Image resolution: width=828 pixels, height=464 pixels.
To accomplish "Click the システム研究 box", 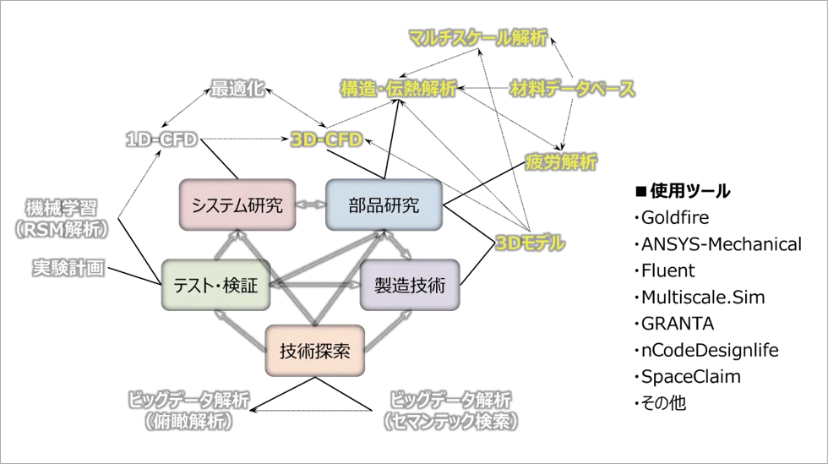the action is (237, 205).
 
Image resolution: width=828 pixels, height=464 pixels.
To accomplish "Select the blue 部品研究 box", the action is (384, 205).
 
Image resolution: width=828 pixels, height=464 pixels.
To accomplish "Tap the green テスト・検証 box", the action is (216, 285).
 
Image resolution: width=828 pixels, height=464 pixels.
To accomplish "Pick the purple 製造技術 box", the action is (410, 285).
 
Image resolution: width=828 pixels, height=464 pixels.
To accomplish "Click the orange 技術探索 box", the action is (314, 351).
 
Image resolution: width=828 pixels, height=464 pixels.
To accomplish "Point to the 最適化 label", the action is (237, 88).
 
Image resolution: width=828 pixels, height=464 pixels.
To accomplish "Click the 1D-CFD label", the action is (161, 139).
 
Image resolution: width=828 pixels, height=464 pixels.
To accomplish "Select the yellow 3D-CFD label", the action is (327, 139).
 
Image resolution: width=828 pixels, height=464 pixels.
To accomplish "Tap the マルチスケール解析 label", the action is (478, 37).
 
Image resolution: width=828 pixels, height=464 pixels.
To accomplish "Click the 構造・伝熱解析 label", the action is (398, 88).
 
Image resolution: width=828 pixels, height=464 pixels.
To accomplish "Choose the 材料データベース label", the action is (573, 88).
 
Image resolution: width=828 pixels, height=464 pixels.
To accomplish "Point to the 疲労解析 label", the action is (561, 161).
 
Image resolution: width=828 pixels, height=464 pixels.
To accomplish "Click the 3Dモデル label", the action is (531, 243).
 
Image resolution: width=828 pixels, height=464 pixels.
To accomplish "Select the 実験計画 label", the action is (68, 268).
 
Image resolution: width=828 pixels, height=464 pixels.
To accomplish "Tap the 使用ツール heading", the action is (684, 191).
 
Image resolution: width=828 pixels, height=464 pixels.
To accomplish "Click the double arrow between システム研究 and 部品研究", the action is (311, 205).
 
